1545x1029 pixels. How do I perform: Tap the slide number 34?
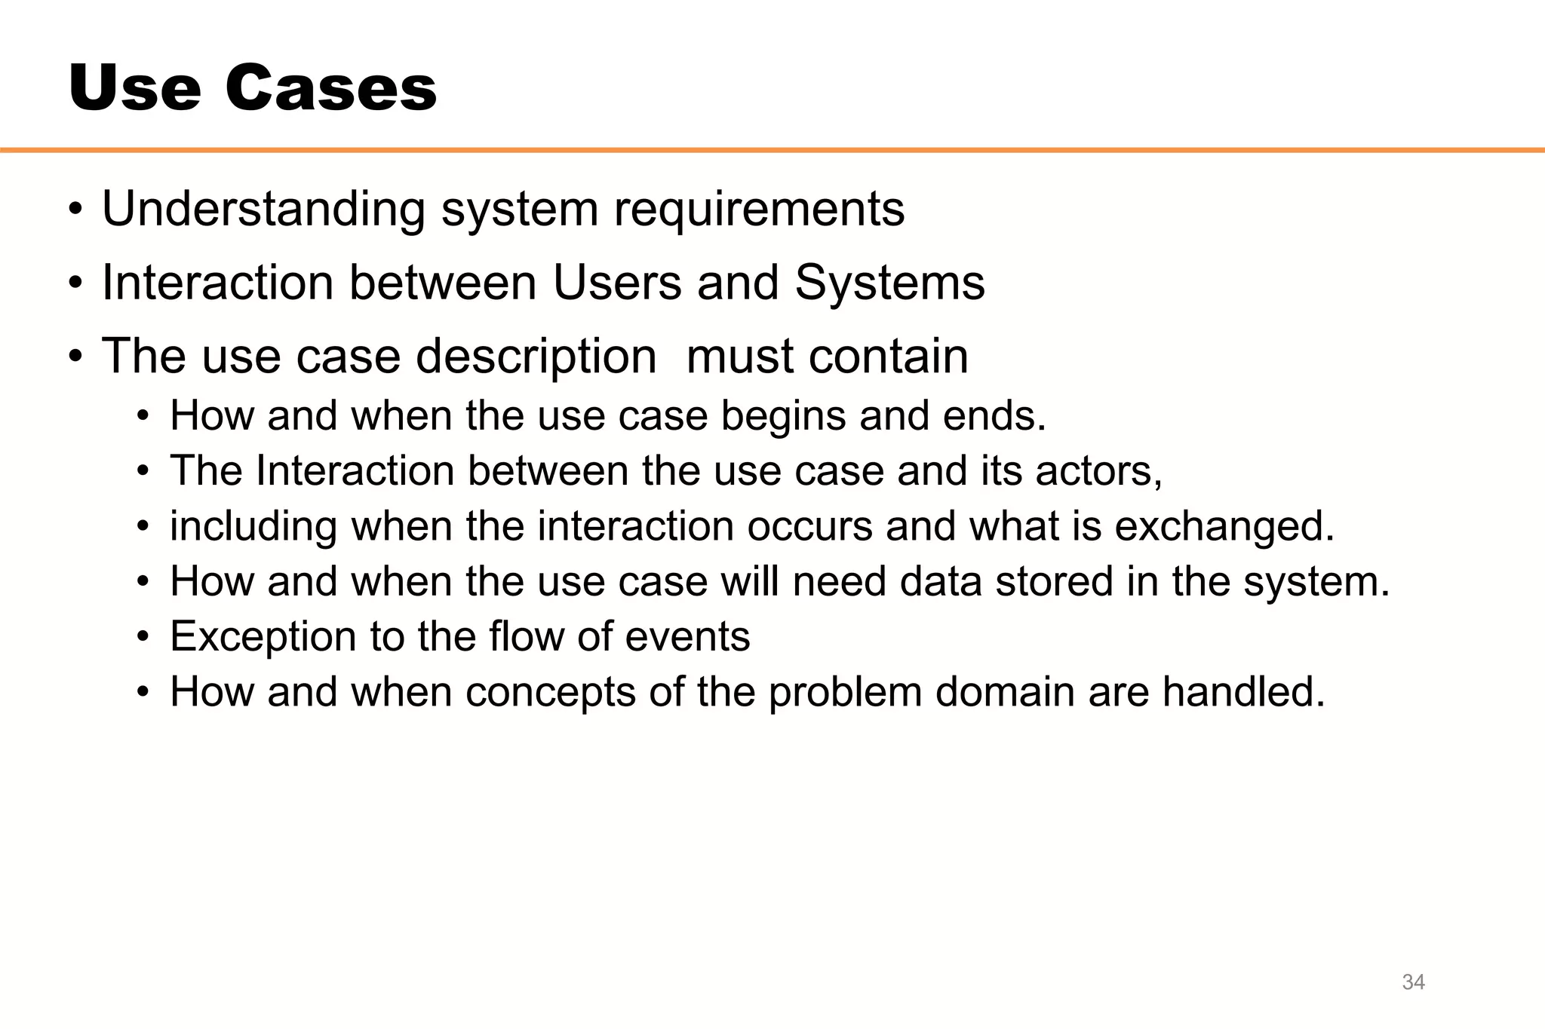point(1413,982)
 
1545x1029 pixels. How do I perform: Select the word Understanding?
point(263,210)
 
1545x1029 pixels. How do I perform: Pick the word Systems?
point(889,283)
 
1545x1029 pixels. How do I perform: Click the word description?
point(536,357)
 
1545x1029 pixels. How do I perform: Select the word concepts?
point(550,692)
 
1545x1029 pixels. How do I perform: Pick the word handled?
point(1243,691)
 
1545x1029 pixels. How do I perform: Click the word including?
point(253,527)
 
